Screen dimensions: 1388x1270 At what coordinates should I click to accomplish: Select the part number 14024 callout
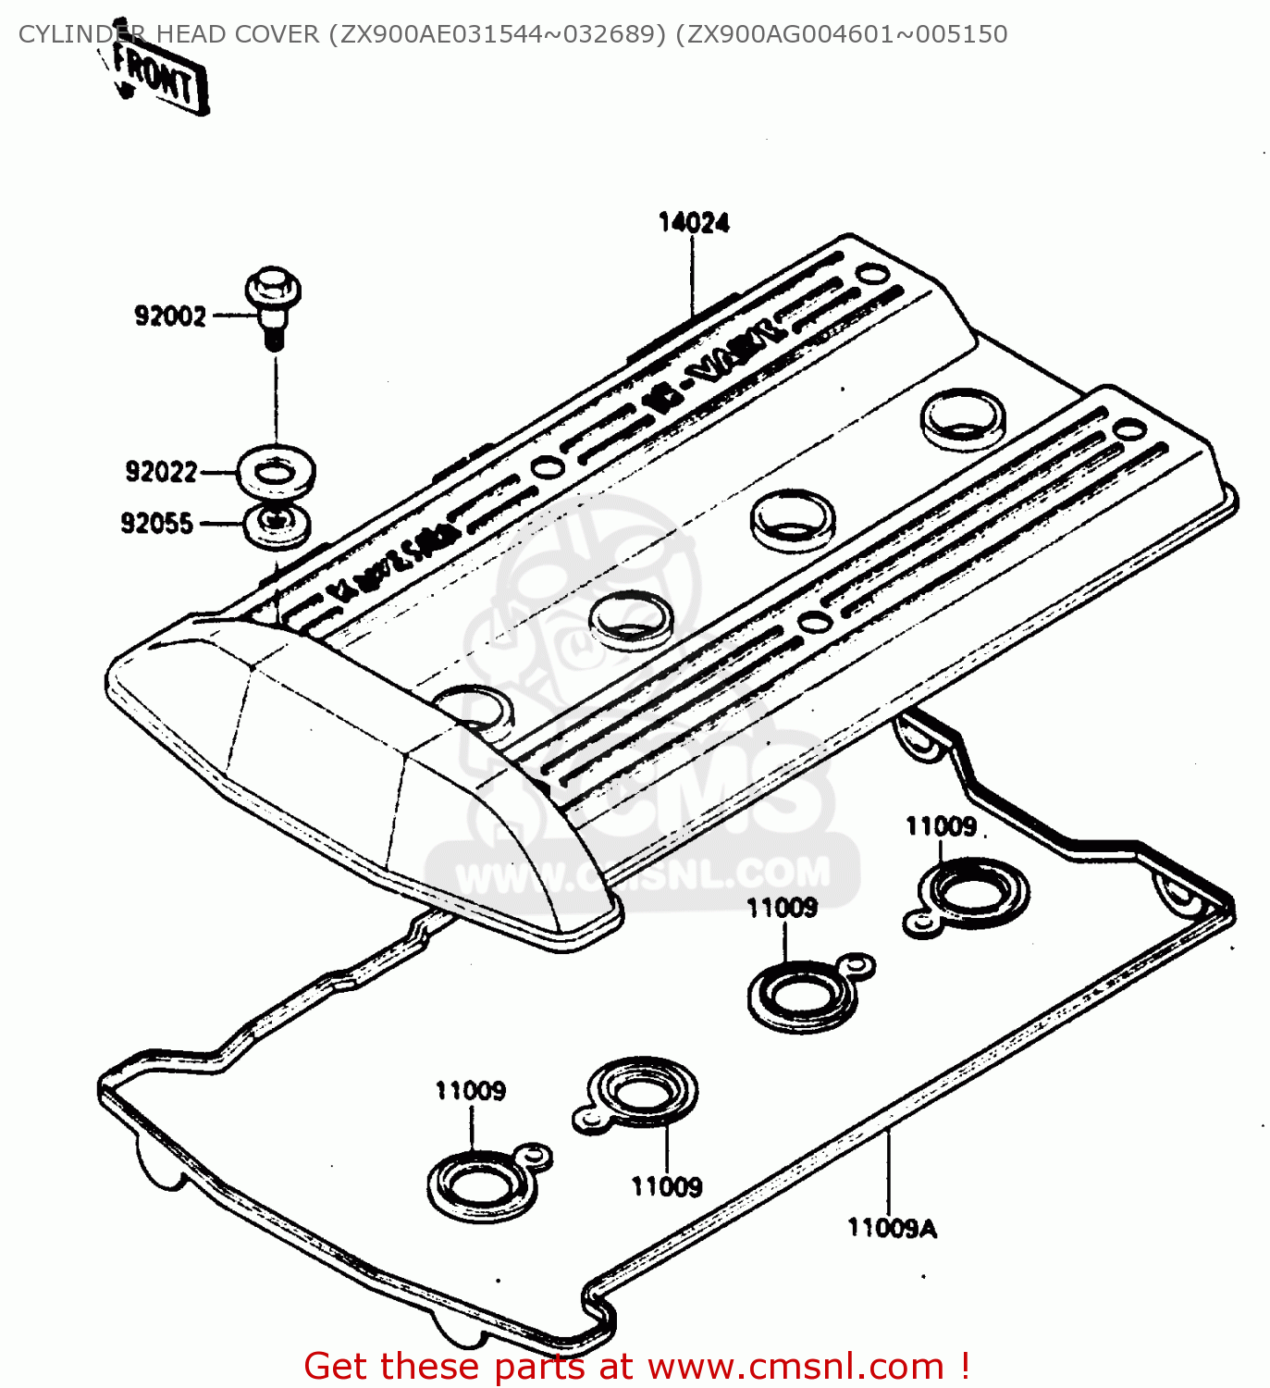[x=693, y=223]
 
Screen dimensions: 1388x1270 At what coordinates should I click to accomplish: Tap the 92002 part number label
[x=170, y=316]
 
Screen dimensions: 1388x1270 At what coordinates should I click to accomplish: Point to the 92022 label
[x=161, y=472]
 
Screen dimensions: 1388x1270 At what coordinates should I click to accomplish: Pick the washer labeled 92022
[x=276, y=473]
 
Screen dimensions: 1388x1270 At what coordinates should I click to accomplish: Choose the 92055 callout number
[x=156, y=524]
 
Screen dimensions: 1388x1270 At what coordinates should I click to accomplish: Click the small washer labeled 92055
[x=277, y=525]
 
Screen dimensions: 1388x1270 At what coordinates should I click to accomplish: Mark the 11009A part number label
[x=892, y=1228]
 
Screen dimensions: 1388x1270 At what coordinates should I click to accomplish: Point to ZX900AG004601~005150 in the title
[x=841, y=34]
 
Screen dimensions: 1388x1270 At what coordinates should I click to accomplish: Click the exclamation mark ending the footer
[x=965, y=1367]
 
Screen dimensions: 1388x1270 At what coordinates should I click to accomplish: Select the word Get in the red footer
[x=338, y=1367]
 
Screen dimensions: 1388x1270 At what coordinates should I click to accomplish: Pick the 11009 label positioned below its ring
[x=666, y=1186]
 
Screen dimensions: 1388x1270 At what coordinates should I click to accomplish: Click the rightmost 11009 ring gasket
[x=971, y=893]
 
